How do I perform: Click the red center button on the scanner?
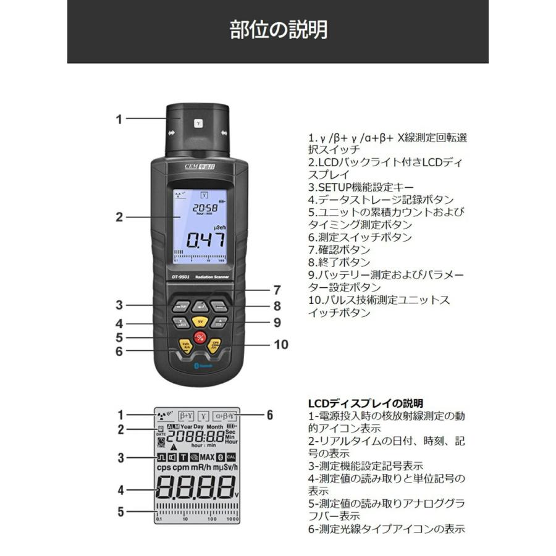click(200, 337)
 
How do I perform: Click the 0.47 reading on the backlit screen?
click(206, 240)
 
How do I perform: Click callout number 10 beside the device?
click(281, 345)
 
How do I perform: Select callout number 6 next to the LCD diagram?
click(269, 415)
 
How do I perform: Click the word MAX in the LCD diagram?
click(206, 457)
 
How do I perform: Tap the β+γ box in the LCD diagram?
click(187, 416)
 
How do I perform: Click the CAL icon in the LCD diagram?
click(231, 457)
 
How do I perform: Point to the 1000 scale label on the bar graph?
click(232, 519)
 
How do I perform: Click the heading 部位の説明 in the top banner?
click(278, 30)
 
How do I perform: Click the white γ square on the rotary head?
click(198, 123)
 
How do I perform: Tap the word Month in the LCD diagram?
click(214, 426)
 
